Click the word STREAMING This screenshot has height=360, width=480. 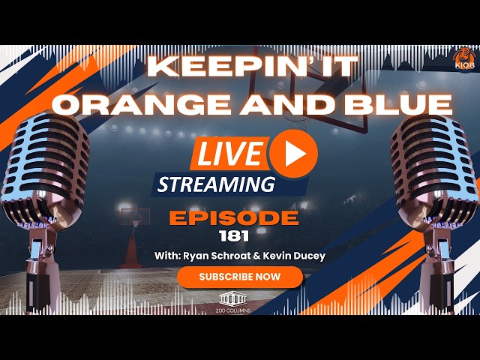[215, 184]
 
